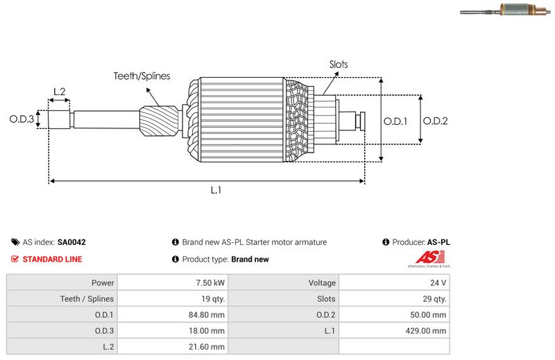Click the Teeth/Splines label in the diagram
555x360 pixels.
tap(142, 76)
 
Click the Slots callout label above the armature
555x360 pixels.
tap(339, 65)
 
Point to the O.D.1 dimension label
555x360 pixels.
tap(396, 121)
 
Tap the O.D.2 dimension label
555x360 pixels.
tap(435, 121)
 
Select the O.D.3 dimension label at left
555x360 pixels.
tap(22, 119)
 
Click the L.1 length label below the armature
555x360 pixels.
tap(216, 191)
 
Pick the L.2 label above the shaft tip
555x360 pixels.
tap(59, 92)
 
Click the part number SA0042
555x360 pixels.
tap(71, 243)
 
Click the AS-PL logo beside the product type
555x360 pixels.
tap(427, 260)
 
